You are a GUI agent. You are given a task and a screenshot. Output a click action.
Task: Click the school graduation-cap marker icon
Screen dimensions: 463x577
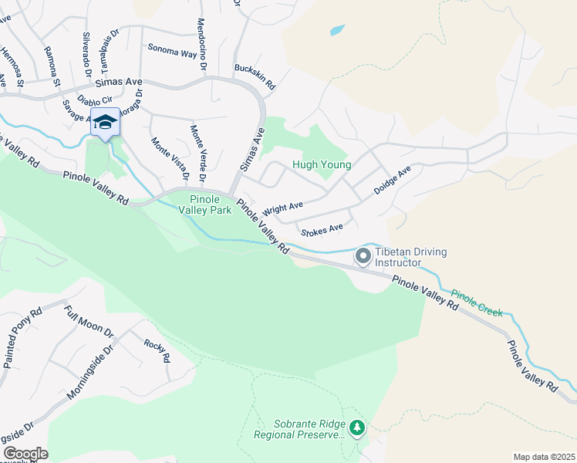coord(105,123)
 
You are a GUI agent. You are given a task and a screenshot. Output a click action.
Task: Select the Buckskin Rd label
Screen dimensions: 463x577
coord(255,76)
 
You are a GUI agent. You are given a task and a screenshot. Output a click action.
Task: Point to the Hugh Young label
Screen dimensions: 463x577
coord(322,164)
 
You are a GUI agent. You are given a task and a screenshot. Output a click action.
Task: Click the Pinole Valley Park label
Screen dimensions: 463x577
coord(205,204)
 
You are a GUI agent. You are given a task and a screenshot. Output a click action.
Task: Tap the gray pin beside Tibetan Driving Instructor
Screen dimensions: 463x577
coord(363,255)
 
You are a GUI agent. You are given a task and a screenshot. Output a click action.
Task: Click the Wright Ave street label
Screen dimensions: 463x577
coord(283,208)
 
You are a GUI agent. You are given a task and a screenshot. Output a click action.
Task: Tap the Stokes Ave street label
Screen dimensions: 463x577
coord(322,228)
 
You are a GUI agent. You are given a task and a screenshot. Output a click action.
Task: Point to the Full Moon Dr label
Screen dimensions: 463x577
coord(89,323)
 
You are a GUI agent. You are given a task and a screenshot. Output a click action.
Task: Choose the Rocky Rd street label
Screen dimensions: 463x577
coord(156,351)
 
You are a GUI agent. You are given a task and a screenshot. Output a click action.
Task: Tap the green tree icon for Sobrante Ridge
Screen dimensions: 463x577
coord(356,428)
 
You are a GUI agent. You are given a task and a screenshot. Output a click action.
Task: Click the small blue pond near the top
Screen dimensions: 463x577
coord(337,31)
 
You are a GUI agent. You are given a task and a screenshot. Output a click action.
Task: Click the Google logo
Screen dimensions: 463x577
coord(25,454)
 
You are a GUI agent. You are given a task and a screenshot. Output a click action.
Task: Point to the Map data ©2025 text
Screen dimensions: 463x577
coord(544,457)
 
